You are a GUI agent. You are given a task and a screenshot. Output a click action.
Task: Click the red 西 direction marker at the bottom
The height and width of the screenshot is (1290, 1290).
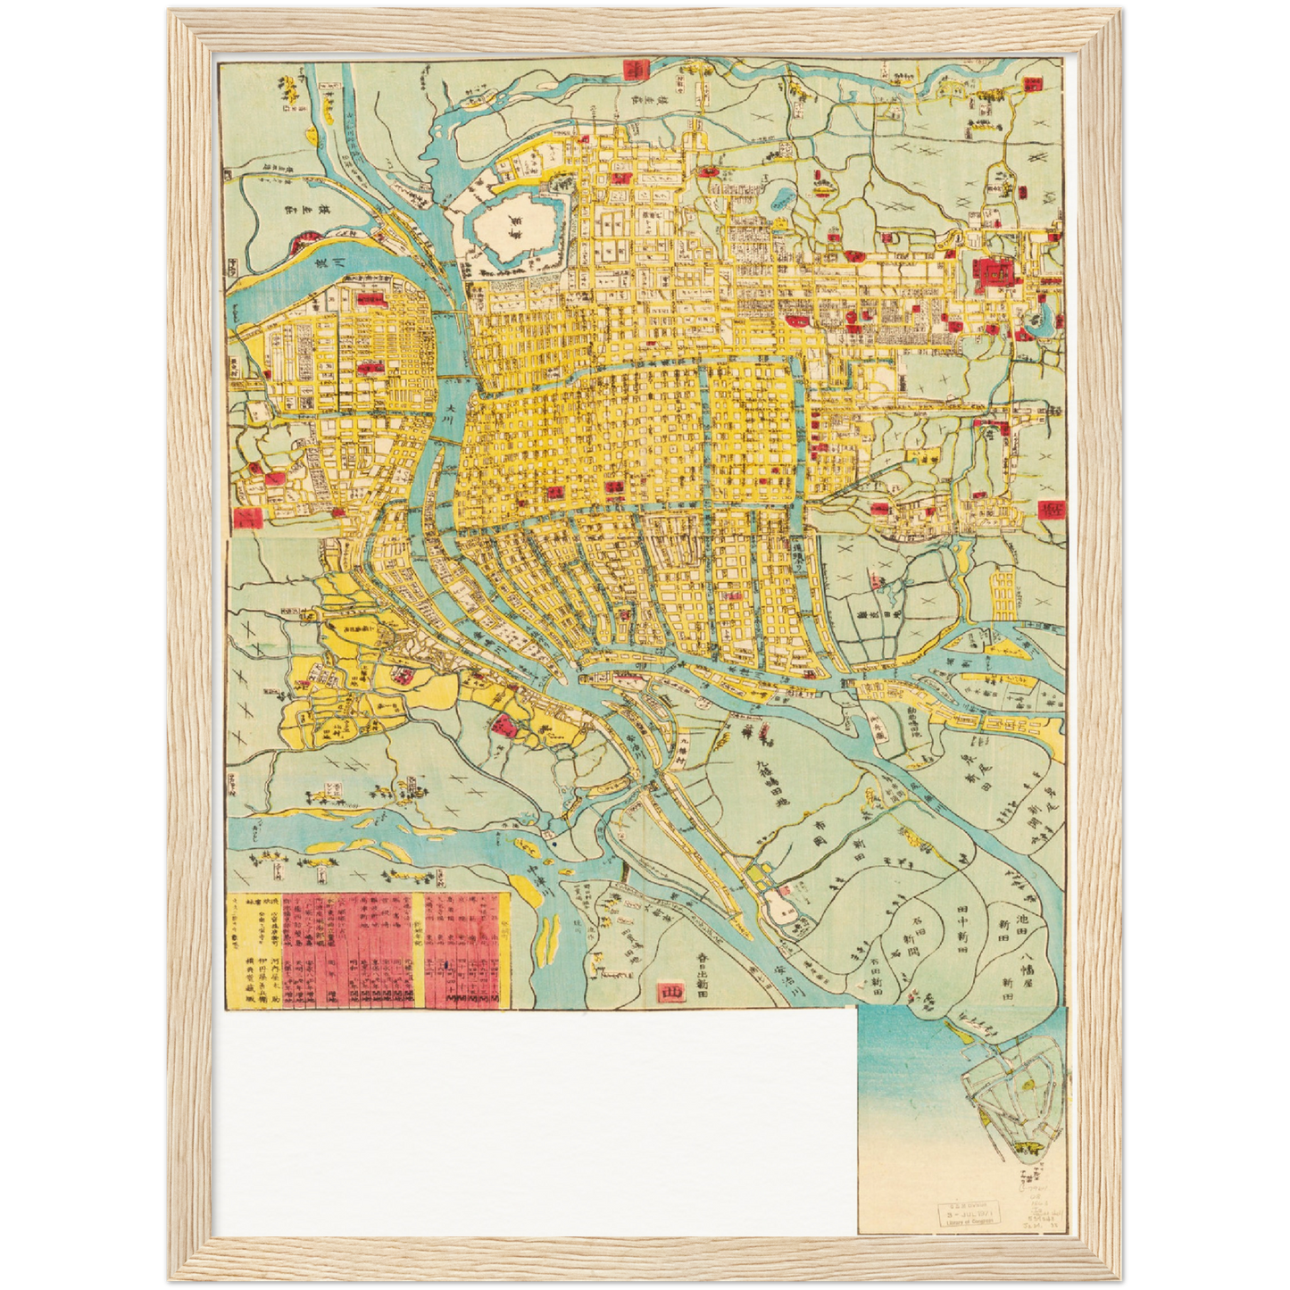(x=667, y=991)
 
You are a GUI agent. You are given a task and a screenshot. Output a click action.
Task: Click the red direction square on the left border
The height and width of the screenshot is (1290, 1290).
(x=246, y=518)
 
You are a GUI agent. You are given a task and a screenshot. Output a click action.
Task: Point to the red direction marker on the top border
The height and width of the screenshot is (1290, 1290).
(x=636, y=70)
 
